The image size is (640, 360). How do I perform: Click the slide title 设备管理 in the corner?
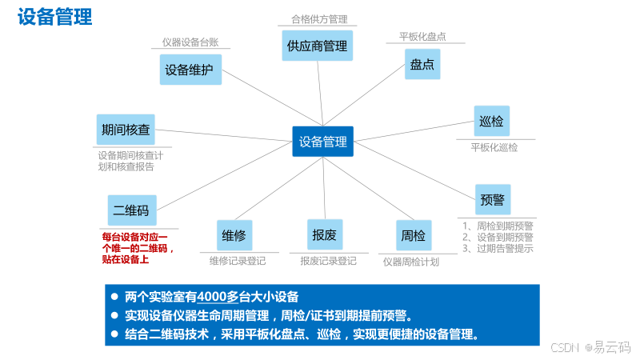coord(55,17)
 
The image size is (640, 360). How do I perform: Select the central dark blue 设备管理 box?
coord(322,142)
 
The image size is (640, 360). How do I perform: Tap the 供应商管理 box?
coord(317,46)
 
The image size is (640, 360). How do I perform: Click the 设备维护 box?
coord(190,70)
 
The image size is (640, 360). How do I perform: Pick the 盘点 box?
coord(422,65)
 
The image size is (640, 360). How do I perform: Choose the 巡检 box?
coord(491,122)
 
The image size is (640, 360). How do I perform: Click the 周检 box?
coord(414,235)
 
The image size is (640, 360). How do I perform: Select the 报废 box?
coord(325,234)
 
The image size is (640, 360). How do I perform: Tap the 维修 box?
coord(234,235)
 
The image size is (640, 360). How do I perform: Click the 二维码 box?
coord(132,210)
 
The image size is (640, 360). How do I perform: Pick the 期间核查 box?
coord(126,129)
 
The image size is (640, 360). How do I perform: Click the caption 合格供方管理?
coord(318,19)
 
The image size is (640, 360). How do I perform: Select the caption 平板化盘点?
coord(422,37)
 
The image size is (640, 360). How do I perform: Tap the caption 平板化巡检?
coord(494,147)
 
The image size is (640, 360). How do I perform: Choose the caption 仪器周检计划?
coord(410,261)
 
